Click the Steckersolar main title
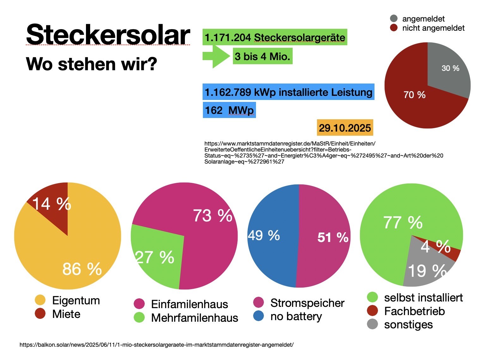(x=108, y=35)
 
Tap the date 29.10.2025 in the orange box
(x=345, y=128)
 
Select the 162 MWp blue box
(x=229, y=110)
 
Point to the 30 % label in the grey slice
(x=450, y=68)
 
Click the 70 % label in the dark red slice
(x=414, y=95)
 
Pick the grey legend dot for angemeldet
(x=394, y=19)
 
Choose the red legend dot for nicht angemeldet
(x=394, y=28)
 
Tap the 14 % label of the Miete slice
(x=52, y=204)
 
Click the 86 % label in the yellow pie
(x=82, y=269)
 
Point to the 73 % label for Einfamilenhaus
(x=212, y=216)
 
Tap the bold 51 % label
(x=333, y=237)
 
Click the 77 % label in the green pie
(x=403, y=222)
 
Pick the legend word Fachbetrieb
(x=414, y=311)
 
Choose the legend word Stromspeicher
(x=307, y=303)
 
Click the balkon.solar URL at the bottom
(x=156, y=344)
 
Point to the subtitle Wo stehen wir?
(x=92, y=64)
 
